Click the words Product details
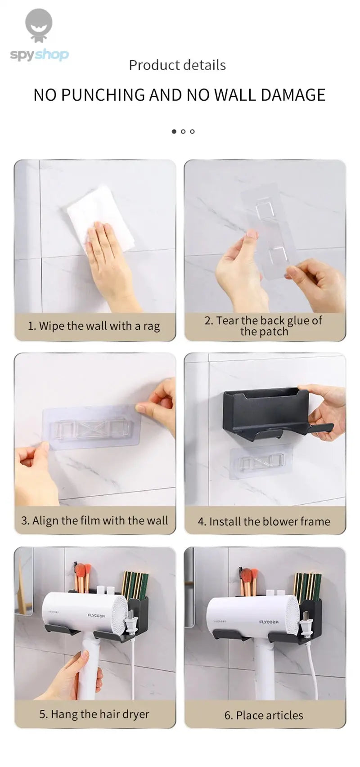point(177,65)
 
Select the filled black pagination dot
point(174,131)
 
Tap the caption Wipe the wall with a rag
point(94,326)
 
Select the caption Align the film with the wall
point(94,520)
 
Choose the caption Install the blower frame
point(264,521)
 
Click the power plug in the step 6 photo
point(307,625)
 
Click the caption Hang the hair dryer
point(94,714)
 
